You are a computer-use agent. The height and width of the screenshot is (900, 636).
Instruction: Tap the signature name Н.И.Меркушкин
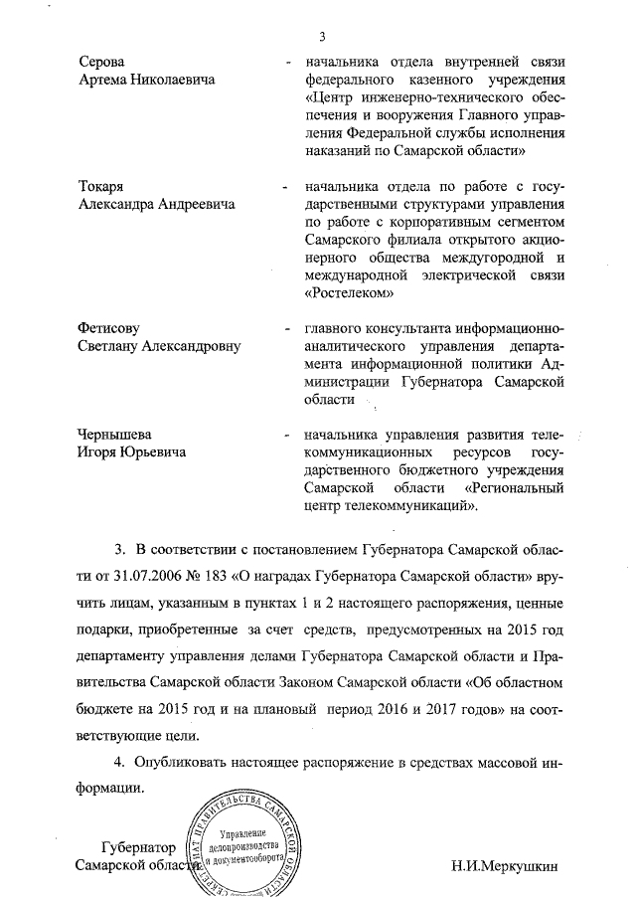point(505,864)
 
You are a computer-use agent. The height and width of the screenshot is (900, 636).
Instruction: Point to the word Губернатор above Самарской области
point(139,847)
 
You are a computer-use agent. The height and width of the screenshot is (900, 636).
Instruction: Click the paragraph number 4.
point(117,763)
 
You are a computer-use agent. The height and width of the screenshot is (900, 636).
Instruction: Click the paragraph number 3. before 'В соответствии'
point(119,550)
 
